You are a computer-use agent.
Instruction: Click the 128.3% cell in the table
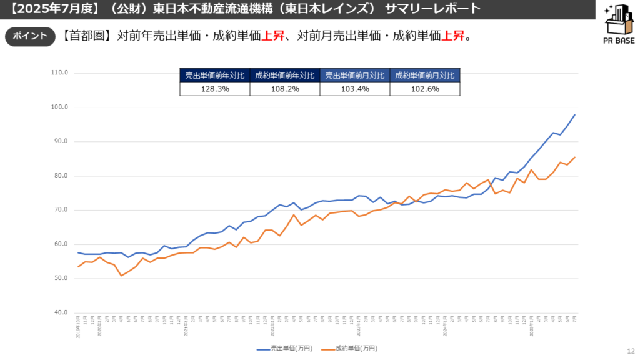tap(215, 89)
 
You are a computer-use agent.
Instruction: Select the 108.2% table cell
tap(284, 89)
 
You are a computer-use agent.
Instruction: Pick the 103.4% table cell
tap(354, 89)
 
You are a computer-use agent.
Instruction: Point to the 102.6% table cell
tap(425, 89)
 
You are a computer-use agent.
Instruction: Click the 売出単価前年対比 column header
tap(215, 75)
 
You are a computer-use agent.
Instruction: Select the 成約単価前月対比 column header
tap(425, 75)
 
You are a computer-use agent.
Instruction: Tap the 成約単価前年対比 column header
tap(284, 75)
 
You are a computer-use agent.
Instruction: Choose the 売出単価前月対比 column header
tap(354, 75)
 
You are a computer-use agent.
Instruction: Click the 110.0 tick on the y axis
tap(60, 72)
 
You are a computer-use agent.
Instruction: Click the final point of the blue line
tap(575, 115)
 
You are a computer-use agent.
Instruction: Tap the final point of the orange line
tap(575, 157)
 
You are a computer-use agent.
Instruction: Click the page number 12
tap(629, 351)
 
